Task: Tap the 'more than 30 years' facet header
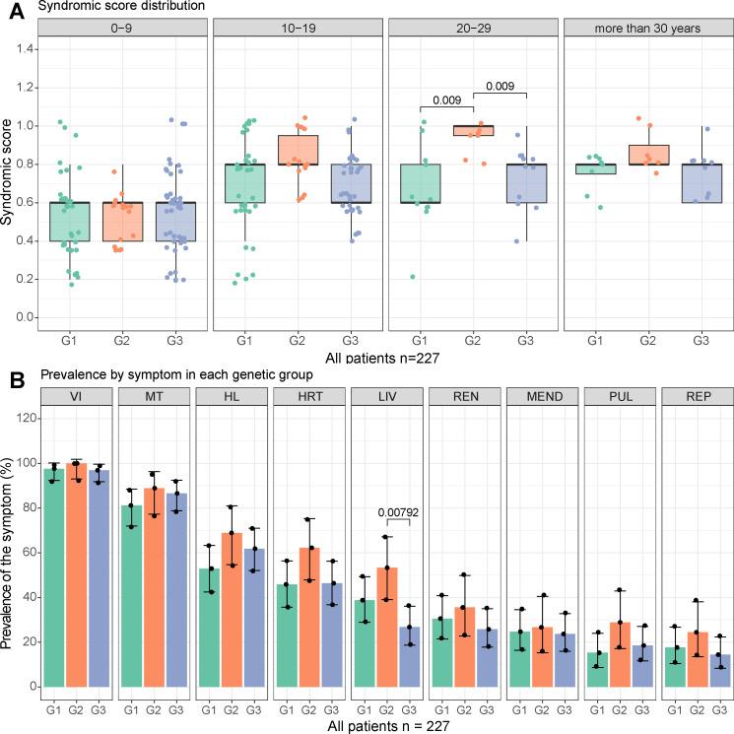point(646,30)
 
